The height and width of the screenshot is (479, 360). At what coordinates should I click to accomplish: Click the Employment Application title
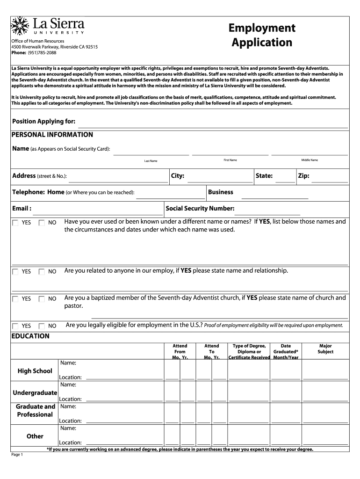(262, 36)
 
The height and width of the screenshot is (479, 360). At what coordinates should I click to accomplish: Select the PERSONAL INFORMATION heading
(52, 135)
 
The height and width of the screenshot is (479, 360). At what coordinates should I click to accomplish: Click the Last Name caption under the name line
(151, 161)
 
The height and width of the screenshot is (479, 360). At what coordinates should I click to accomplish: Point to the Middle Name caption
(310, 160)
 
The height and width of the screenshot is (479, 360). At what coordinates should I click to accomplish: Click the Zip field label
(303, 176)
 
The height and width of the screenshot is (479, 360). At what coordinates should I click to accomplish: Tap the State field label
(264, 176)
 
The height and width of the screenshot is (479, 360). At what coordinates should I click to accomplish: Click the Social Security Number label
(200, 209)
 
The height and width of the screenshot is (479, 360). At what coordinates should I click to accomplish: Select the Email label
(22, 209)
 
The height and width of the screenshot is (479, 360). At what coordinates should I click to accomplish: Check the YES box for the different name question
(16, 223)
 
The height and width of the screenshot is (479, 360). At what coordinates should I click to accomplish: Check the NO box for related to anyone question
(42, 271)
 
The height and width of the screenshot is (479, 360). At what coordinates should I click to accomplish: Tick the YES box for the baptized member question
(16, 298)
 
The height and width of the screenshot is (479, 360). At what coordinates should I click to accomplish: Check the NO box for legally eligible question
(42, 326)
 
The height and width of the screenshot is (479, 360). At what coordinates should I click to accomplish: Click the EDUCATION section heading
(30, 336)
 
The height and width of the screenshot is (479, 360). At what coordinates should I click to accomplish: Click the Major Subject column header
(325, 349)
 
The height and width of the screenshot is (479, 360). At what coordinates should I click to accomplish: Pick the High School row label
(35, 371)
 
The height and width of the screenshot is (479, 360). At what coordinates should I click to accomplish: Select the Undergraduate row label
(35, 392)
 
